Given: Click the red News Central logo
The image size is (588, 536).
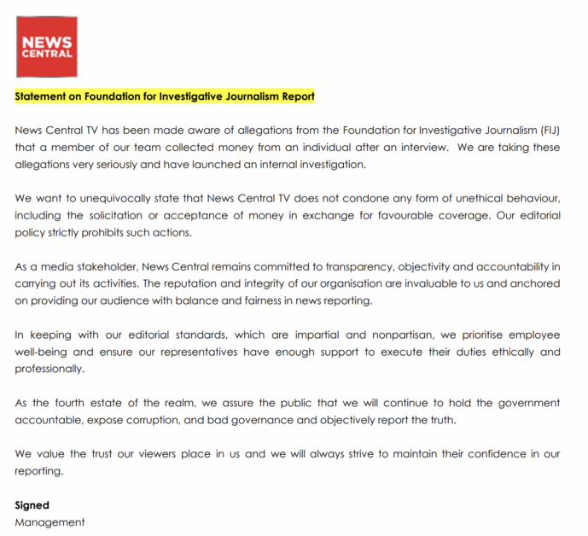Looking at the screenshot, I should coord(47,47).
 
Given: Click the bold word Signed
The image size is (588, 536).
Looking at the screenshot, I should coord(32,505).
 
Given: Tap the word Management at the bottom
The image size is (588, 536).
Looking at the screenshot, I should coord(49,521).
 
